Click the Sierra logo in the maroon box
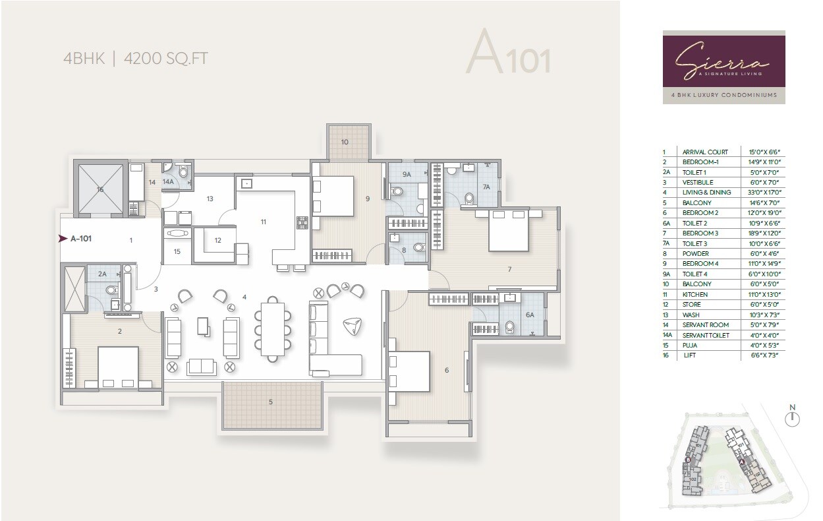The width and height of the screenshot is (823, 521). pyautogui.click(x=723, y=61)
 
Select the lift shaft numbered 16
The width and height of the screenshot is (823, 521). pyautogui.click(x=100, y=189)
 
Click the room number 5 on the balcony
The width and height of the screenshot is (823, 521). pyautogui.click(x=270, y=401)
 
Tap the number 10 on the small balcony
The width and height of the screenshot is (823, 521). pyautogui.click(x=345, y=142)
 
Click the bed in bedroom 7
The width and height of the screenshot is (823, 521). pyautogui.click(x=508, y=231)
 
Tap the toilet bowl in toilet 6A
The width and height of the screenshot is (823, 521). pyautogui.click(x=509, y=327)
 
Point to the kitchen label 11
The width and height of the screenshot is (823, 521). pyautogui.click(x=263, y=222)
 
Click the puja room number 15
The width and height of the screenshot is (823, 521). pyautogui.click(x=177, y=251)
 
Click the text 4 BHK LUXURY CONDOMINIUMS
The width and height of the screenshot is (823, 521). pyautogui.click(x=724, y=95)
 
